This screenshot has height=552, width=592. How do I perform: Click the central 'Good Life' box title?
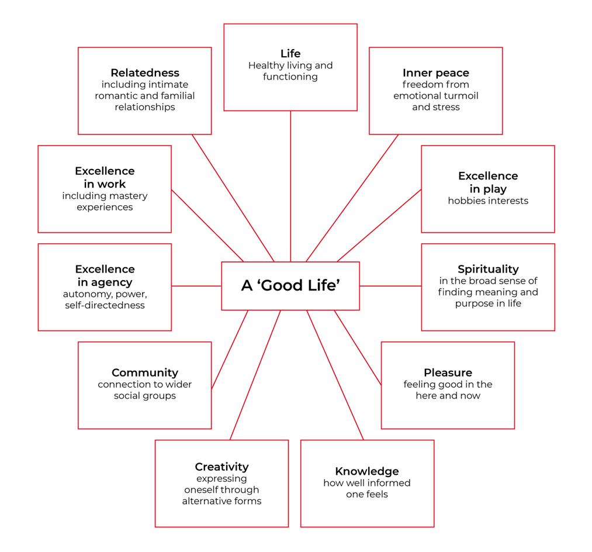pos(290,285)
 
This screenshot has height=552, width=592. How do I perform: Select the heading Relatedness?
pos(145,73)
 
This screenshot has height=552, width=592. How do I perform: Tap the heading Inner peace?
pos(435,73)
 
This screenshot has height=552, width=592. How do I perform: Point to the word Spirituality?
pos(488,269)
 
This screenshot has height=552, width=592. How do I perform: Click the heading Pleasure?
pos(448,372)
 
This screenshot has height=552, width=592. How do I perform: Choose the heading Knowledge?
pos(367,471)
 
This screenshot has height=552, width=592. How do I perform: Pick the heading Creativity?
pos(221,467)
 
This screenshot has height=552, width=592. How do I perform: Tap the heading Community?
pos(145,372)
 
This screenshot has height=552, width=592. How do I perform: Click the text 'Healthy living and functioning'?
pos(290,71)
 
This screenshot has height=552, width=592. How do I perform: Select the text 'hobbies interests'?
pos(488,201)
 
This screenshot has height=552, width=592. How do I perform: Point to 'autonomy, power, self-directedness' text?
pos(105,299)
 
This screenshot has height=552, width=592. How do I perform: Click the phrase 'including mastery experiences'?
pos(105,202)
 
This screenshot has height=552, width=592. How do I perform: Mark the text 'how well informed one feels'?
pos(367,489)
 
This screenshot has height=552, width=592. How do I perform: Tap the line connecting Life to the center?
pos(290,187)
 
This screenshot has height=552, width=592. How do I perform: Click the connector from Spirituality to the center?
pos(390,286)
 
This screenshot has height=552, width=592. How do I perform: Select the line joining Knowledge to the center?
pos(335,375)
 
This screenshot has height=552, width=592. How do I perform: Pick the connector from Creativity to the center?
pos(255,375)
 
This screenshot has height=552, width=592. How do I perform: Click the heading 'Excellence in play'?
pos(488,182)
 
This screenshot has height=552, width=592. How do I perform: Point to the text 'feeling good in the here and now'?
pos(448,390)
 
